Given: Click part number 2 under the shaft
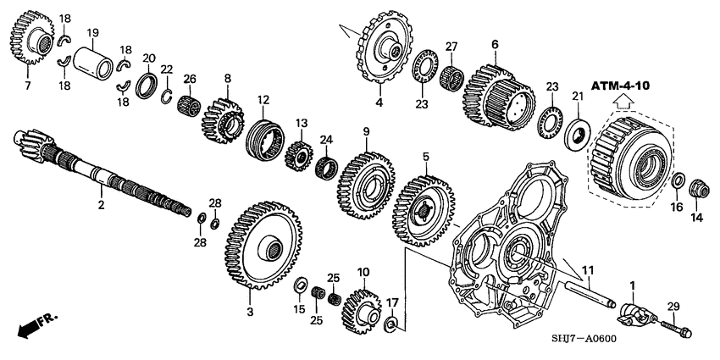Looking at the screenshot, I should point(101,204).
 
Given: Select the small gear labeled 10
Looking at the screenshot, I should point(363,308).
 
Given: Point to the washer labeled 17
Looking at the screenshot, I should point(391,324).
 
